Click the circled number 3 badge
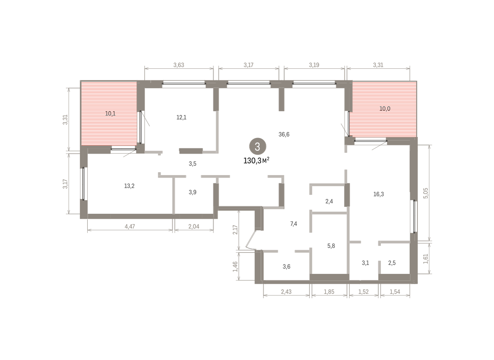(258, 147)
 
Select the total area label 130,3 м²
(256, 161)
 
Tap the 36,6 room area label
(284, 134)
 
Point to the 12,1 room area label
(181, 117)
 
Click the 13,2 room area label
(129, 186)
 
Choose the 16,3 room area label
(378, 194)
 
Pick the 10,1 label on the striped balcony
(110, 114)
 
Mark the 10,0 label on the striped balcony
(385, 109)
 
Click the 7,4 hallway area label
(294, 224)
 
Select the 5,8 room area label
(331, 246)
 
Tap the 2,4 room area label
(329, 201)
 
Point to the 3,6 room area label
(287, 266)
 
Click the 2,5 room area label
(392, 263)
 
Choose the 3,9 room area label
(193, 192)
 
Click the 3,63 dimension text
(179, 65)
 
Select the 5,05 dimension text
(426, 193)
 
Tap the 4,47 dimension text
(130, 227)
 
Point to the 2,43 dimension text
(286, 292)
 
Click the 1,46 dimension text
(235, 266)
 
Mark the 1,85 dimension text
(329, 292)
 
